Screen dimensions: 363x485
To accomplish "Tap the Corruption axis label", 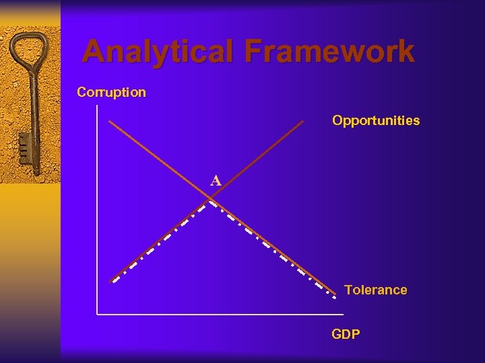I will coord(111,92).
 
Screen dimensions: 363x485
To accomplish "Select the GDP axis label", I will coord(346,334).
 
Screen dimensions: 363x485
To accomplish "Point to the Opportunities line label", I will coord(375,121).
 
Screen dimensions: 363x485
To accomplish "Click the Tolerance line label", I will coord(375,290).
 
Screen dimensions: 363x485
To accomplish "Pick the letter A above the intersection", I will coord(216,181).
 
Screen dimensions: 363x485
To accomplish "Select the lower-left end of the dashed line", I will coord(113,281).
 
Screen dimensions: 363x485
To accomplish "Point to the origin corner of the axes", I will coord(98,314).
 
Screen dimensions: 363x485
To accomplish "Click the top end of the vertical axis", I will coord(98,106).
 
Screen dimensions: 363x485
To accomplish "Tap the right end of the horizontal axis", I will coord(344,314).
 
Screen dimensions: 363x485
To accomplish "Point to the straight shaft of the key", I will coord(31,108).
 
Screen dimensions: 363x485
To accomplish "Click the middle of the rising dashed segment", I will coord(162,240).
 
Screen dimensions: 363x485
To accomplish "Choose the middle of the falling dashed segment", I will coord(273,247).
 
